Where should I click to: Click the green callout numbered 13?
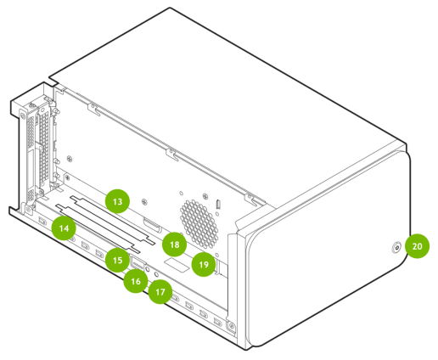[117, 201]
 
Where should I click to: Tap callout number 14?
[64, 228]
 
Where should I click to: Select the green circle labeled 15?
[117, 260]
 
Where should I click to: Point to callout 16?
[136, 281]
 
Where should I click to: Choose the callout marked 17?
[160, 292]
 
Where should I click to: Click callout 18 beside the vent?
[175, 245]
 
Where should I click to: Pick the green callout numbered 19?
[204, 264]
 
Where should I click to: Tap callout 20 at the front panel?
[417, 246]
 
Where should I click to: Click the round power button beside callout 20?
[396, 248]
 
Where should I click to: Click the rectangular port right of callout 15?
[138, 264]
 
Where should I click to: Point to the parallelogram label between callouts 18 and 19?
[177, 265]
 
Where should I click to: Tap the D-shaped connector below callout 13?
[153, 225]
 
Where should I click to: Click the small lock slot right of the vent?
[218, 203]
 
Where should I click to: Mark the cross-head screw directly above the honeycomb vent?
[205, 196]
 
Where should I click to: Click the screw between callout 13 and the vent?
[144, 201]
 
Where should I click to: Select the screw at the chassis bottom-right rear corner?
[232, 326]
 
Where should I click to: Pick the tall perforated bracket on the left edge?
[44, 147]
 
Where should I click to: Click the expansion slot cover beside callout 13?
[113, 220]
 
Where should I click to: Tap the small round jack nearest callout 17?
[156, 274]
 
